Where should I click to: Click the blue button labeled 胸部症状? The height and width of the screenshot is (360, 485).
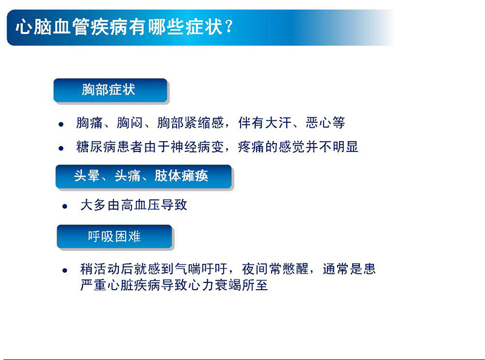tap(110, 91)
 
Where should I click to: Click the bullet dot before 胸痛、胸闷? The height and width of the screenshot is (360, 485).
tap(61, 124)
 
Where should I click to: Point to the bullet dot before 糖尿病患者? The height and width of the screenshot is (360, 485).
tap(61, 147)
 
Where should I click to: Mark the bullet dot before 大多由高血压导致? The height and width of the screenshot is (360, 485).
tap(65, 206)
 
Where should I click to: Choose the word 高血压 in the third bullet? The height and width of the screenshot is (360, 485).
tap(140, 205)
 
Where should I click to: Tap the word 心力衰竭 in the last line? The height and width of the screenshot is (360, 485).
tap(215, 284)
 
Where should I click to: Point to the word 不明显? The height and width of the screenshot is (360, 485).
tap(339, 147)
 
